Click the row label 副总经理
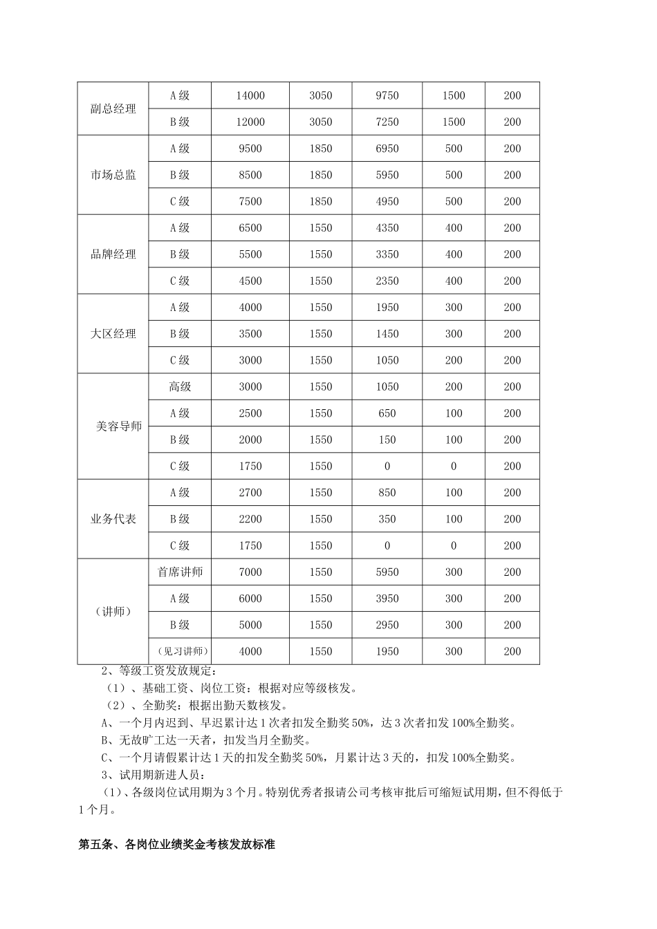[x=113, y=109]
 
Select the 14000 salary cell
[x=250, y=95]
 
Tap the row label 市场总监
[x=113, y=175]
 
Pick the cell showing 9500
[x=250, y=149]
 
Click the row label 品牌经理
[x=113, y=254]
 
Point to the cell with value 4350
[x=387, y=228]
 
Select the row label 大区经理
[x=113, y=334]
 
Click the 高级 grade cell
[x=180, y=387]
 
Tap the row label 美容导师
[x=118, y=426]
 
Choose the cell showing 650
[x=387, y=413]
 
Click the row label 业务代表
[x=113, y=519]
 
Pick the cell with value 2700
[x=250, y=493]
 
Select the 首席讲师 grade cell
[x=180, y=572]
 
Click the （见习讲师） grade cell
[x=180, y=651]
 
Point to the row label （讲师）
[x=113, y=612]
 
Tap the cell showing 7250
[x=387, y=122]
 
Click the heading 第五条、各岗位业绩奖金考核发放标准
[x=177, y=845]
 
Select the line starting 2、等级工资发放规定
[x=159, y=670]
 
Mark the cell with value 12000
[x=250, y=122]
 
